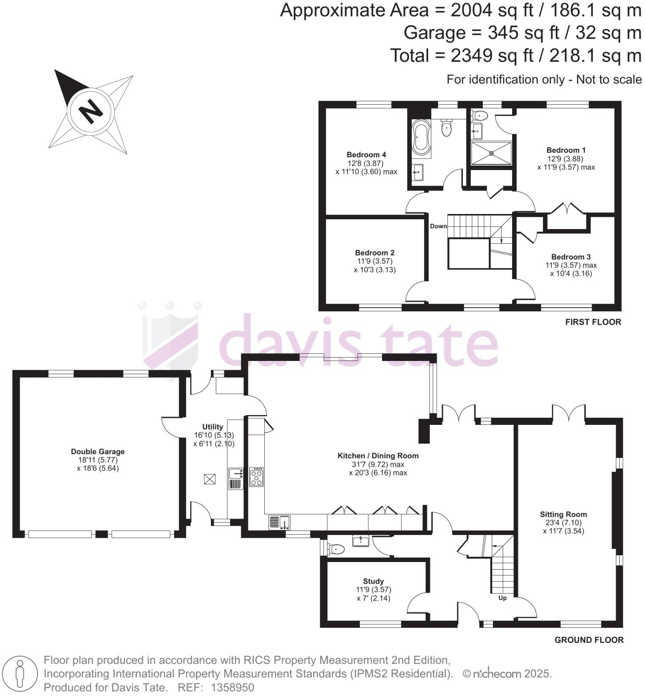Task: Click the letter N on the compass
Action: coord(91,111)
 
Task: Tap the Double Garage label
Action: coord(98,451)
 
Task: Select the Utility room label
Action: coord(212,427)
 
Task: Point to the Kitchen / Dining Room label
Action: coord(378,455)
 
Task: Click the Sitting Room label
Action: coord(563,514)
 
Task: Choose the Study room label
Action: coord(373,581)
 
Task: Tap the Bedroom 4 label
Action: coord(366,154)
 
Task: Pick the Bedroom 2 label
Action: coord(374,253)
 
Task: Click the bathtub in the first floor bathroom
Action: coord(421,137)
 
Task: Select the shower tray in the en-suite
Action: coord(491,153)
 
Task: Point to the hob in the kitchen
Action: coord(256,477)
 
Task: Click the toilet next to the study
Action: coord(336,549)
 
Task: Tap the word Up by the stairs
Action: coord(502,598)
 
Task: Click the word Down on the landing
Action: coord(438,226)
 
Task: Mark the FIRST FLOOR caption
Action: coord(593,322)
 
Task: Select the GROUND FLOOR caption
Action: coord(589,640)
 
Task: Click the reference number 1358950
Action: coord(232,688)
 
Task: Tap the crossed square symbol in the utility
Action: coord(210,479)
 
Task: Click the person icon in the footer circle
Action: coord(19,673)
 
